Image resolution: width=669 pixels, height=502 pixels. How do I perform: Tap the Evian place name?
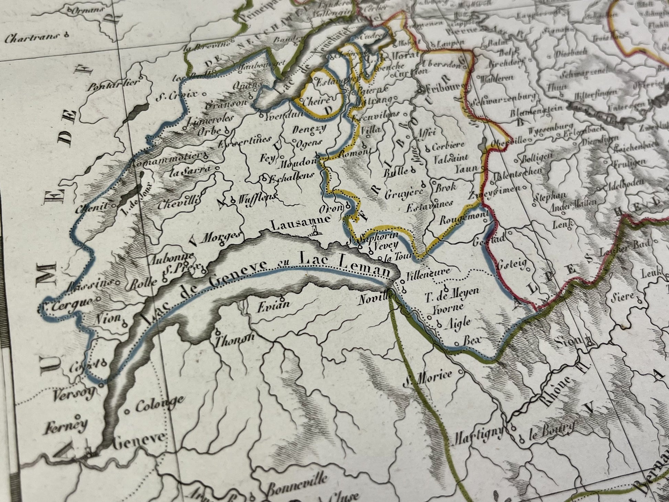pos(274,306)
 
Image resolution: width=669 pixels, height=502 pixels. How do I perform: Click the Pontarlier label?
pos(113,85)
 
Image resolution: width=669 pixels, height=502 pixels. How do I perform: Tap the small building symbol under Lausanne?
pos(314,231)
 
